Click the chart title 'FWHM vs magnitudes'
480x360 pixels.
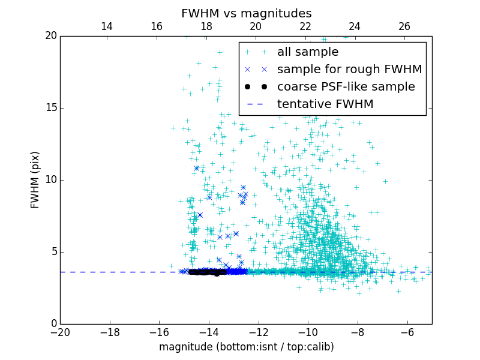[246, 13]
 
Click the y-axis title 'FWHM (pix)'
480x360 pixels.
[35, 179]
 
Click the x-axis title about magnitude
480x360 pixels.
[246, 347]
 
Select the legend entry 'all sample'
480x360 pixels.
[308, 52]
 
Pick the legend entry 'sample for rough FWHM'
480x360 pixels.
[349, 70]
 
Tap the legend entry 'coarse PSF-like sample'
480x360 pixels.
[346, 87]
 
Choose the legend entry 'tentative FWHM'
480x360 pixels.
[325, 104]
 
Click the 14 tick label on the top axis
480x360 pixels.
[107, 26]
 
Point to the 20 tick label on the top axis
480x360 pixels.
[256, 26]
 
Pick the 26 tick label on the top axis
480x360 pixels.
[404, 26]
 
